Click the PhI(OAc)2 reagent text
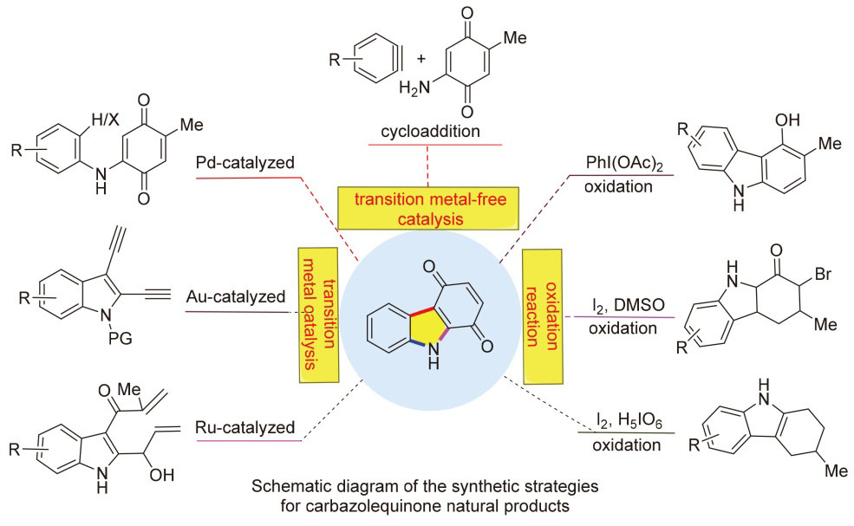click(x=622, y=160)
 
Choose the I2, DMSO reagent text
click(x=622, y=305)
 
